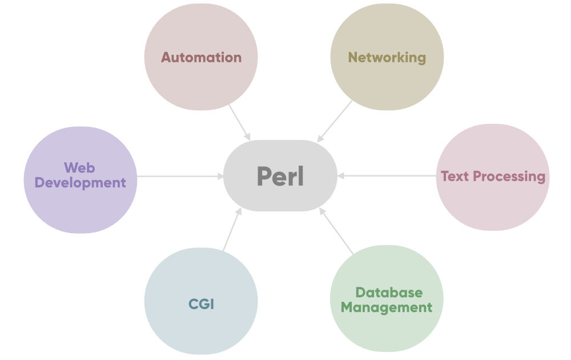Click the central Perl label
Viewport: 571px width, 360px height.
(280, 176)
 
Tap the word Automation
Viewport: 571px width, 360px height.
(201, 57)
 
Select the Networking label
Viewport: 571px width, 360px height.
(387, 57)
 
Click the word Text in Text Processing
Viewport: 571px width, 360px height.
(455, 176)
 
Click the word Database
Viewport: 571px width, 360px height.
(389, 293)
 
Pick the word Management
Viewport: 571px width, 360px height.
(387, 307)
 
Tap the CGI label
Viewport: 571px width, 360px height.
(201, 304)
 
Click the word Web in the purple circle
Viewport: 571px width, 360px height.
(79, 168)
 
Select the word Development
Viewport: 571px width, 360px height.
(81, 183)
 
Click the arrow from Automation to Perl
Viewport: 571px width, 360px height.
(239, 122)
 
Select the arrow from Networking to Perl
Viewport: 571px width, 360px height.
(335, 121)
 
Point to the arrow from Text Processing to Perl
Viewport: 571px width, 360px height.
(388, 176)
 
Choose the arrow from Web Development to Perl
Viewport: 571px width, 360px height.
(180, 176)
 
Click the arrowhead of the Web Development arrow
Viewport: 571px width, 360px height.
(222, 176)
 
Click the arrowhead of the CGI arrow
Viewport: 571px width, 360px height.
(239, 211)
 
